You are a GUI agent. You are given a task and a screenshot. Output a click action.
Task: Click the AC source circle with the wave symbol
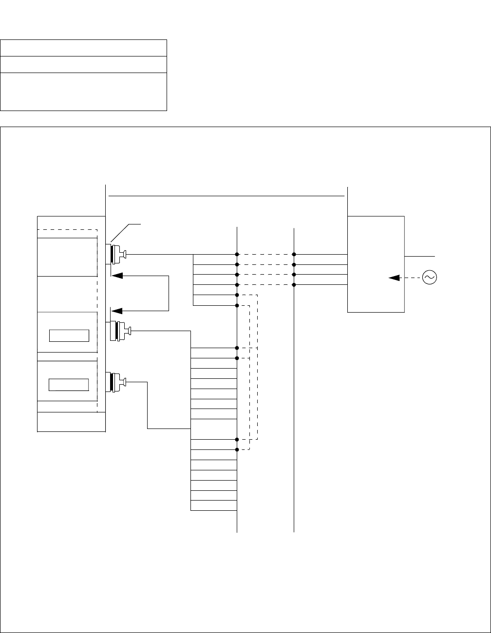[430, 278]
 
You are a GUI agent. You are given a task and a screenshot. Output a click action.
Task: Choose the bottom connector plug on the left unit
[117, 382]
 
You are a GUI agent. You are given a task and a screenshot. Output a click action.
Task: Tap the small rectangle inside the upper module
[69, 335]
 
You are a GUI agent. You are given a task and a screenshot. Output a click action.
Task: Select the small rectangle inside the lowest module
[69, 384]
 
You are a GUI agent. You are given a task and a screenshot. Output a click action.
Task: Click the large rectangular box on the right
[376, 263]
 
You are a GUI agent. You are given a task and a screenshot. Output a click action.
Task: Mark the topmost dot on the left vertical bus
[237, 254]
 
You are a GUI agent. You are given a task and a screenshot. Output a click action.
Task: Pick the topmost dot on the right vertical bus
[294, 254]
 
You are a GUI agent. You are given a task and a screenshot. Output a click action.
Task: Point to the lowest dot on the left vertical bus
[237, 449]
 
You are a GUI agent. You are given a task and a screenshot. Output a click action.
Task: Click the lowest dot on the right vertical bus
[294, 285]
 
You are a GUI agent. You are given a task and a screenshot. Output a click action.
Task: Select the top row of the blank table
[84, 48]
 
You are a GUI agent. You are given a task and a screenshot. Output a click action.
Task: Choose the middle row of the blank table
[84, 64]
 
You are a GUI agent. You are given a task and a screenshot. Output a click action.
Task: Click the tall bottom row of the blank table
[84, 92]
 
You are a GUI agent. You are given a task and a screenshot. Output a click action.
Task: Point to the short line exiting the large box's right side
[419, 256]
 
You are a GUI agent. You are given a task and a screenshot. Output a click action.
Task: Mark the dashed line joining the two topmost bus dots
[265, 254]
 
